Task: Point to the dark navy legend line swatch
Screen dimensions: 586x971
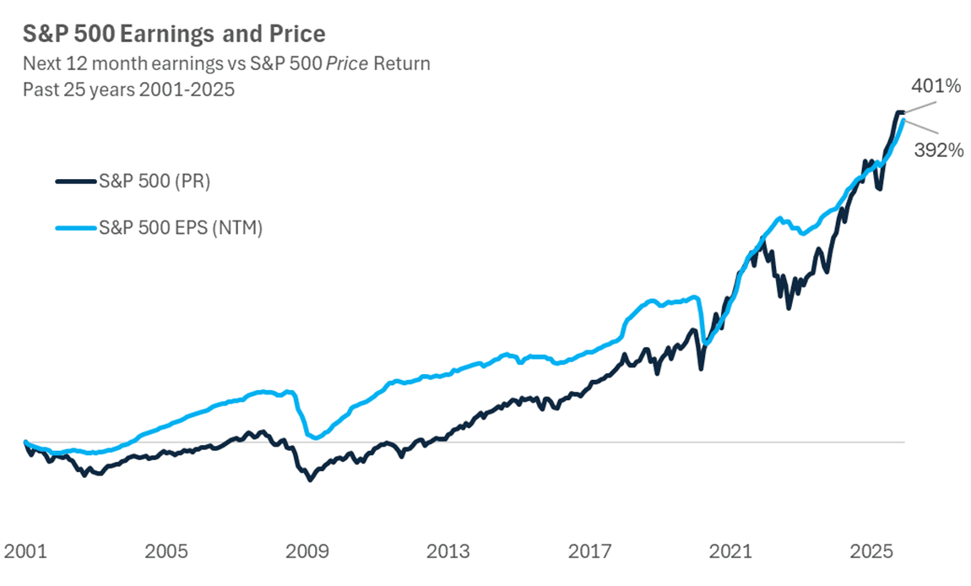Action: pyautogui.click(x=76, y=181)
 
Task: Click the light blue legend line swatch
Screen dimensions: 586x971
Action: pyautogui.click(x=76, y=228)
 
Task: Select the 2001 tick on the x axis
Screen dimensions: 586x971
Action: pyautogui.click(x=24, y=552)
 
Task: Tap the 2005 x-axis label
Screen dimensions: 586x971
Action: pyautogui.click(x=165, y=552)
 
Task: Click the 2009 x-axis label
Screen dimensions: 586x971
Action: pyautogui.click(x=306, y=552)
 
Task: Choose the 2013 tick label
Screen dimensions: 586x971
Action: pyautogui.click(x=448, y=552)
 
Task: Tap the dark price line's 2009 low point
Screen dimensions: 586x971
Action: pyautogui.click(x=310, y=480)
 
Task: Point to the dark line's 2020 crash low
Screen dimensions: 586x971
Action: pyautogui.click(x=701, y=369)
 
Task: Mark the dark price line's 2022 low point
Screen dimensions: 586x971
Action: pyautogui.click(x=789, y=308)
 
